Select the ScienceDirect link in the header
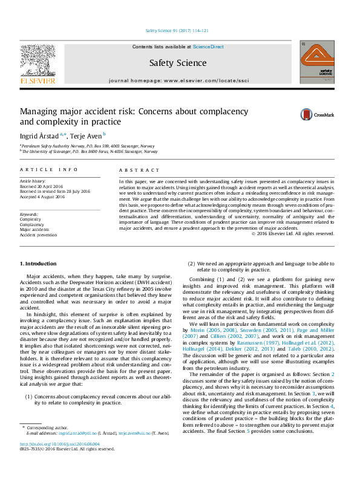(x=208, y=47)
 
